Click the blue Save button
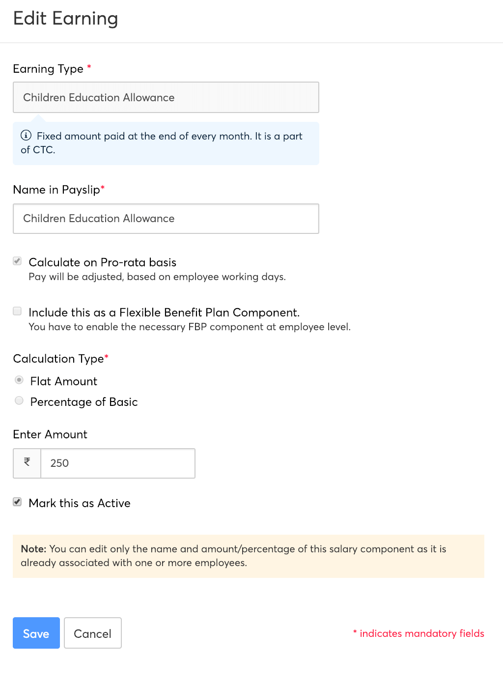pyautogui.click(x=36, y=633)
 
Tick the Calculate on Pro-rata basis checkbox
pyautogui.click(x=17, y=261)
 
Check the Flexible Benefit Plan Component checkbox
pyautogui.click(x=17, y=311)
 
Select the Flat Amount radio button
pyautogui.click(x=19, y=380)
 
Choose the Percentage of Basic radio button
pyautogui.click(x=19, y=401)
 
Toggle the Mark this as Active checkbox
pyautogui.click(x=17, y=502)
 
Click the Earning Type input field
pyautogui.click(x=166, y=97)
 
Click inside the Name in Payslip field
pyautogui.click(x=166, y=219)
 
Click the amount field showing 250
pyautogui.click(x=117, y=463)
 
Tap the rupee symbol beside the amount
pyautogui.click(x=27, y=462)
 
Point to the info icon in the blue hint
pyautogui.click(x=26, y=136)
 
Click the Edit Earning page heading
pyautogui.click(x=65, y=19)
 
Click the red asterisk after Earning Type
pyautogui.click(x=89, y=67)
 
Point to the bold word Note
pyautogui.click(x=33, y=549)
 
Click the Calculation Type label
pyautogui.click(x=58, y=359)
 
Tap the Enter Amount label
pyautogui.click(x=50, y=434)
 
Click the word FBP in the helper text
pyautogui.click(x=197, y=327)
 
